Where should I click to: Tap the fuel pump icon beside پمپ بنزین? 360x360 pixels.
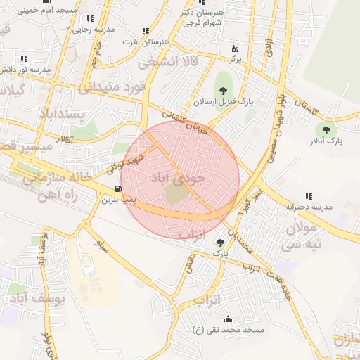(x=117, y=188)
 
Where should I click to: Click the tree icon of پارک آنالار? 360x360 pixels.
(x=325, y=129)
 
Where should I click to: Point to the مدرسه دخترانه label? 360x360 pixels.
(x=309, y=207)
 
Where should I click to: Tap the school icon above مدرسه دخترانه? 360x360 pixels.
(x=308, y=196)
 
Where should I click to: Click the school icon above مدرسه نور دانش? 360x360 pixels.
(x=25, y=58)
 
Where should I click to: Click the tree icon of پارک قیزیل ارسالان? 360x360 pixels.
(x=224, y=90)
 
